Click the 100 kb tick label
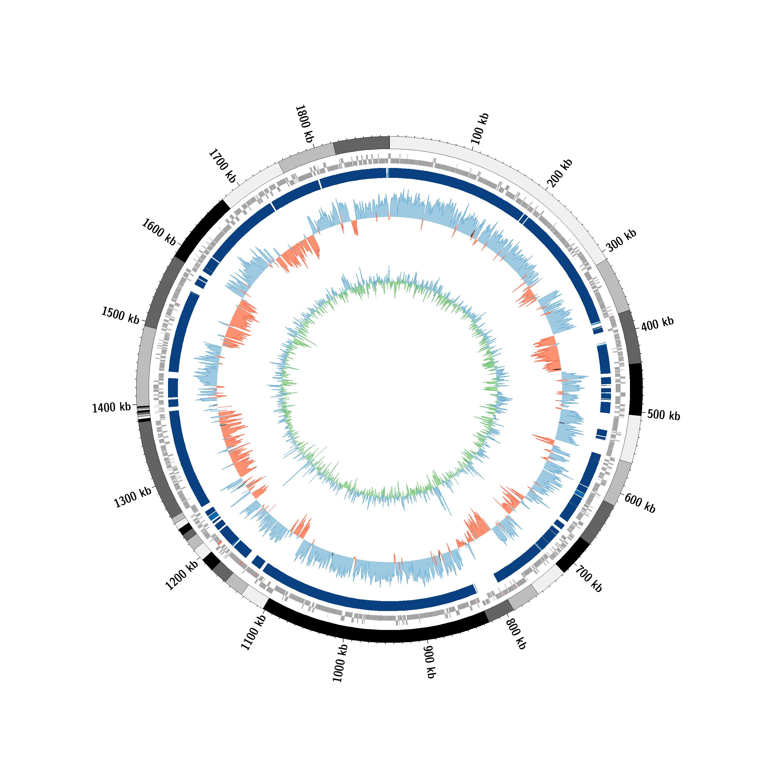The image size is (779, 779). point(480,129)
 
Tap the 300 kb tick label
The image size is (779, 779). point(621,241)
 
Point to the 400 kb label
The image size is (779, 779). point(657,324)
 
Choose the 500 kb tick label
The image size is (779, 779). point(664,415)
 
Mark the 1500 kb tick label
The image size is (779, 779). point(120,315)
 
